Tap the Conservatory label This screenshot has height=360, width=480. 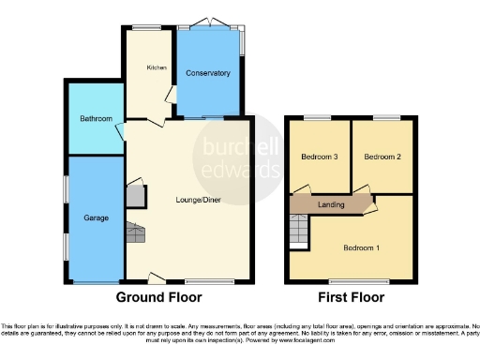[x=207, y=73]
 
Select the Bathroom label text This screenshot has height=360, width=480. [x=96, y=119]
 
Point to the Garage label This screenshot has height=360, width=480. [x=97, y=217]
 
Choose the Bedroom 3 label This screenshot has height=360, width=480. [x=319, y=157]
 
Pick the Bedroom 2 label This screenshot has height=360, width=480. [x=382, y=157]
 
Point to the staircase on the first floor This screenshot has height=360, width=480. [x=298, y=231]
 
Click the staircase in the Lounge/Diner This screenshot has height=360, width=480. [x=137, y=232]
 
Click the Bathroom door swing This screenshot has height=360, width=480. [x=121, y=132]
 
